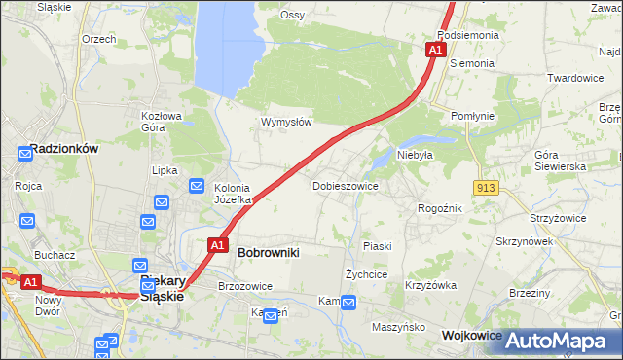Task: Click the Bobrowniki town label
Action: click(269, 252)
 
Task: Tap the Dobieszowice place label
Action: click(345, 185)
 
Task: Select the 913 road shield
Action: click(488, 187)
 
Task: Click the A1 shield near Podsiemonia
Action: click(436, 49)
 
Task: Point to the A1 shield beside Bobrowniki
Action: click(219, 245)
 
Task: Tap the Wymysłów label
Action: click(285, 122)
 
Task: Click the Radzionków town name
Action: click(63, 149)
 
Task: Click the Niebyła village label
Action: click(414, 154)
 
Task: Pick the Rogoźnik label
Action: click(439, 208)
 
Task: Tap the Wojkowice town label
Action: click(472, 334)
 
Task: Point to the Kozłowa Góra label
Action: click(163, 121)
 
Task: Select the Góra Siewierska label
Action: click(560, 161)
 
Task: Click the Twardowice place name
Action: click(575, 78)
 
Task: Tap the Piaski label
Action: click(377, 246)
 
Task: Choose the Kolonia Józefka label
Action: click(233, 194)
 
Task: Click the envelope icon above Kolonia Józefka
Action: click(196, 186)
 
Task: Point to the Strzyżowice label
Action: click(558, 218)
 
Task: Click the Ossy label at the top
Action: click(292, 15)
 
